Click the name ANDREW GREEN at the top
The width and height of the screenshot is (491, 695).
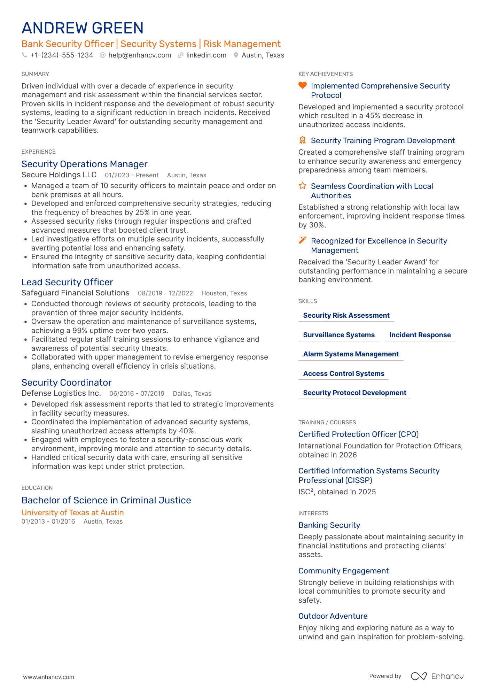click(x=83, y=28)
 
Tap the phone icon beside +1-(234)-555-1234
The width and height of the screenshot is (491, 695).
click(x=24, y=55)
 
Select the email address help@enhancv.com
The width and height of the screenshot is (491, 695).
click(x=140, y=55)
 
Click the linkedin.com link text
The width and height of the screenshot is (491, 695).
click(x=206, y=55)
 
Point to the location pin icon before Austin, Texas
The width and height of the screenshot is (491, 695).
click(x=236, y=55)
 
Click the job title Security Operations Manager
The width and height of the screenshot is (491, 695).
click(x=85, y=164)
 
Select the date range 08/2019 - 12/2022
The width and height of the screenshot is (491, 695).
click(x=165, y=293)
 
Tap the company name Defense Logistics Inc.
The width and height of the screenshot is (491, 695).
click(x=61, y=393)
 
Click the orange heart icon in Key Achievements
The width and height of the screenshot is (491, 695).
click(x=303, y=85)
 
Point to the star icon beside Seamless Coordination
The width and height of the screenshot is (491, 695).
click(x=303, y=186)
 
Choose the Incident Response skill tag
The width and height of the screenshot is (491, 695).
click(x=420, y=335)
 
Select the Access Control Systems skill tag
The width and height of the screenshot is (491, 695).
click(x=344, y=373)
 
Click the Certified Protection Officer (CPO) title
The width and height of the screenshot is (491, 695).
click(x=358, y=434)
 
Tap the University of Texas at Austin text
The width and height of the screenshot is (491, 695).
click(x=73, y=512)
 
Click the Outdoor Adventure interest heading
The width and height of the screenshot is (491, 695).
click(x=333, y=616)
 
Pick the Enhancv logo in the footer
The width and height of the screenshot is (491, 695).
click(x=437, y=676)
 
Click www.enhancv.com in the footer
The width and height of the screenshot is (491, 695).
click(x=49, y=677)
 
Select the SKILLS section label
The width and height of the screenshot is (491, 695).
click(x=307, y=301)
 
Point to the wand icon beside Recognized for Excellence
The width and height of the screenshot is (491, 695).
click(x=303, y=240)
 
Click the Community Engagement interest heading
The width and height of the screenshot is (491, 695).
click(x=343, y=571)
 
